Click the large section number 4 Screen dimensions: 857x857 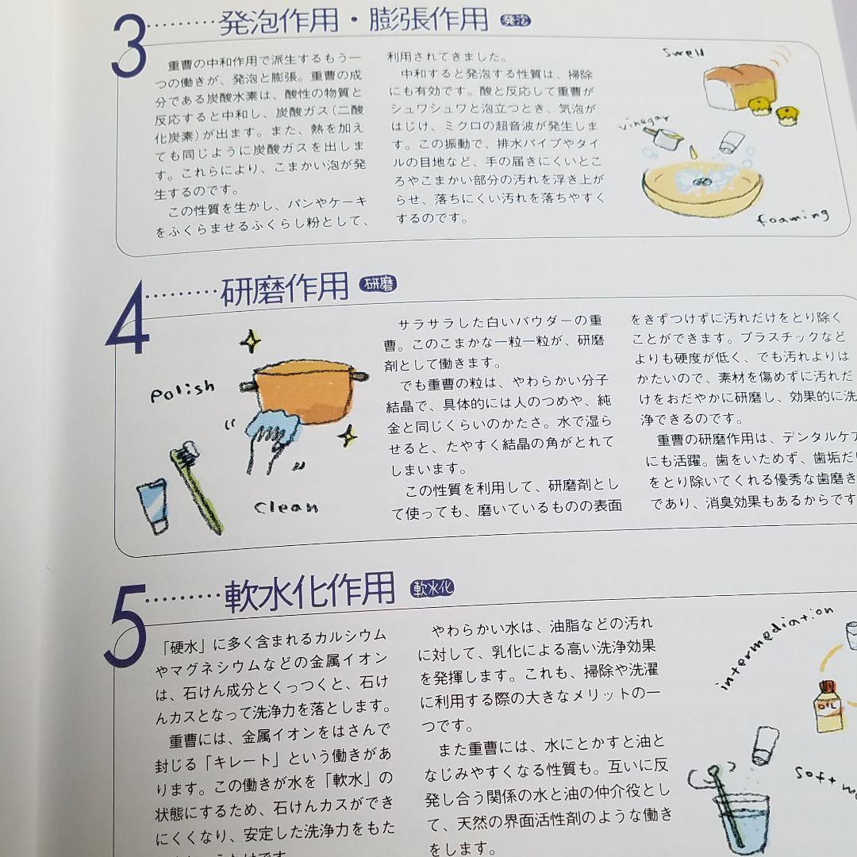coord(127,325)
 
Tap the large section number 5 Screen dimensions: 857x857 coord(125,626)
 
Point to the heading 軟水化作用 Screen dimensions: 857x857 coord(309,591)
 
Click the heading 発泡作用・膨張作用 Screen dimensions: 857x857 coord(353,21)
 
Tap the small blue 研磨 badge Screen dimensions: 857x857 coord(379,285)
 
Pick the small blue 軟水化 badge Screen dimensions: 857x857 coord(432,589)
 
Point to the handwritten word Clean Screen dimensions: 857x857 coord(286,506)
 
